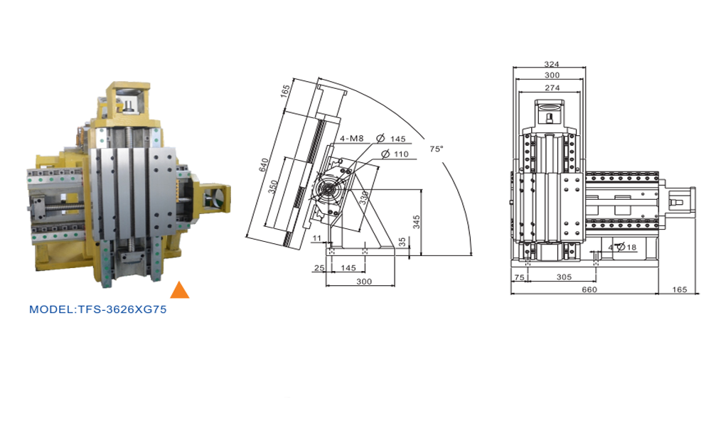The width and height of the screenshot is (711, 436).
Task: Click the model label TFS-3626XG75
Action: pos(98,309)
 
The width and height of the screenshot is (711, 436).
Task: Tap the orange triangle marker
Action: pos(180,291)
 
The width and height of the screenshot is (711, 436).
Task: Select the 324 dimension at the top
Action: pos(552,64)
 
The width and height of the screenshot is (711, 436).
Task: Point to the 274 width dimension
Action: pos(552,87)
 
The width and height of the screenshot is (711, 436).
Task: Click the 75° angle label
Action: pos(437,149)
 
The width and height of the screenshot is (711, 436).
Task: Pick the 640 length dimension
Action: pos(264,165)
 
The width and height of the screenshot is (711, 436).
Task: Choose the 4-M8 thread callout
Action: pos(351,139)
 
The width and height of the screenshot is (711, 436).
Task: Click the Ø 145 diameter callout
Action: pos(391,139)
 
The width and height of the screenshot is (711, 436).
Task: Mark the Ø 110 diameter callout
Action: pos(395,154)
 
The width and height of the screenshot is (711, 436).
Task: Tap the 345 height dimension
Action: pos(416,222)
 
